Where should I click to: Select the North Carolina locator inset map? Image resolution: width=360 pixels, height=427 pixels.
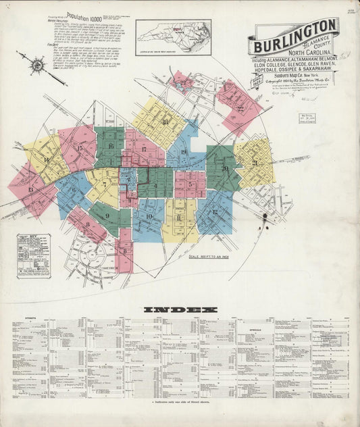[x=172, y=36]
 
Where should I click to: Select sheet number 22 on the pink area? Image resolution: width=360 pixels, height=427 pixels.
[x=240, y=107]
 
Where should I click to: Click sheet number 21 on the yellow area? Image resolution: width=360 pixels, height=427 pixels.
[x=255, y=163]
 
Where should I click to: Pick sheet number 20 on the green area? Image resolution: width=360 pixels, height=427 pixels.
[x=224, y=168]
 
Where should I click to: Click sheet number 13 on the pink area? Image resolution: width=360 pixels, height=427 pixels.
[x=30, y=190]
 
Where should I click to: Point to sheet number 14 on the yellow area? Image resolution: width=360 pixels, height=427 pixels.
[x=46, y=160]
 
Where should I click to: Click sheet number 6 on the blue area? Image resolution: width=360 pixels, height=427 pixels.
[x=73, y=190]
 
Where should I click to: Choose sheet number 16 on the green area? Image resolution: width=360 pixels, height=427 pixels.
[x=110, y=146]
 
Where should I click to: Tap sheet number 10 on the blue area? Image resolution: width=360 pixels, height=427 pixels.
[x=149, y=216]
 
